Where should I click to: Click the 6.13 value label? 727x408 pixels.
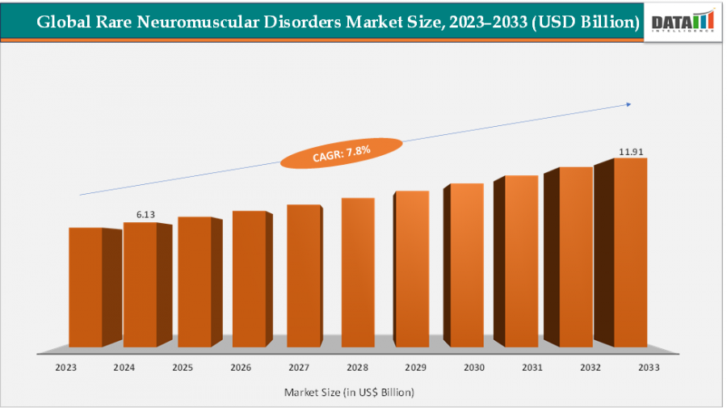coord(145,214)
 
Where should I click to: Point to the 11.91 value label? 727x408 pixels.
coord(631,150)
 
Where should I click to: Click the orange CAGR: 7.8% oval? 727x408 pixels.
coord(340,153)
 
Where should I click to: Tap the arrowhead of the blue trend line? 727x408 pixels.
coord(628,104)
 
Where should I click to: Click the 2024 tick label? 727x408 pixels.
coord(124,367)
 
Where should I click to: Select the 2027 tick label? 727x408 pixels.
coord(299,367)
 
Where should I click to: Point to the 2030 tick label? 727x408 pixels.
coord(474,367)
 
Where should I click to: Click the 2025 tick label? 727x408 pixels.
coord(182,367)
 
